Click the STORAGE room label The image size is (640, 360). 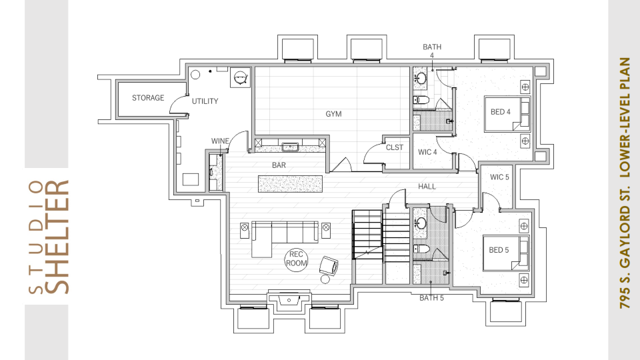tap(148, 98)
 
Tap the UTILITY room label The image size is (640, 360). tap(205, 101)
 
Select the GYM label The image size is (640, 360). tap(333, 114)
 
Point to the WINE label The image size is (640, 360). tap(220, 141)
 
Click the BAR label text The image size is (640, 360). tap(279, 165)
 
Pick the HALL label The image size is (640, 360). tap(427, 187)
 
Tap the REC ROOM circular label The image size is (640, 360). tap(296, 259)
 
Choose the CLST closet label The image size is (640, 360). tap(394, 147)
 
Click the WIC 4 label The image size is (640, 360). tap(427, 152)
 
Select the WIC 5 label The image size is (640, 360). tap(499, 177)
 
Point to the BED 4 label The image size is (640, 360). tap(501, 112)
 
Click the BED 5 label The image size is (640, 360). tap(499, 250)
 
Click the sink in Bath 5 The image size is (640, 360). tap(421, 223)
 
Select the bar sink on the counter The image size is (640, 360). tap(290, 147)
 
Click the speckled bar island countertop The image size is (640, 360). tap(290, 184)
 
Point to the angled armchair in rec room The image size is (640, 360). tap(329, 266)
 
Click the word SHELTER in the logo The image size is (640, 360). tap(56, 237)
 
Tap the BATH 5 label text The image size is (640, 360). tap(431, 298)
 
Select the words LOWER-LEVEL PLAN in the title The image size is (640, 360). tap(625, 117)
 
